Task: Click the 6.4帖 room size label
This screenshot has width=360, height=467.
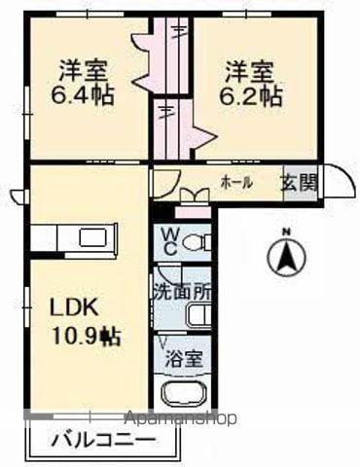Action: [x=82, y=94]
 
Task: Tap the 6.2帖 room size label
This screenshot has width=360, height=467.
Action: [x=250, y=95]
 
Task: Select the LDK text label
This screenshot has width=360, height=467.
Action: [x=73, y=307]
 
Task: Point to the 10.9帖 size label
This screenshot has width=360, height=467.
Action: [x=86, y=337]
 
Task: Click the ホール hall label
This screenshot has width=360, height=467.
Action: [x=236, y=183]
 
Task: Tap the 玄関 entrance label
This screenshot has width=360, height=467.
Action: [x=300, y=184]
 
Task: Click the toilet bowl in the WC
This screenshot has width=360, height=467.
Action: [x=197, y=242]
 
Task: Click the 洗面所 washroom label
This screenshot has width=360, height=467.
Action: [x=182, y=293]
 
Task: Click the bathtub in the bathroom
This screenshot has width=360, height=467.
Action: [x=184, y=393]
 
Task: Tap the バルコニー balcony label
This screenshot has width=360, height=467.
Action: [x=103, y=441]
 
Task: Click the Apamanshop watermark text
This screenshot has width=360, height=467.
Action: [x=181, y=418]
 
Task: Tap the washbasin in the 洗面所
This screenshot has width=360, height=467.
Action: [x=198, y=314]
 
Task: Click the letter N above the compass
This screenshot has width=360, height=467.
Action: [x=286, y=232]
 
